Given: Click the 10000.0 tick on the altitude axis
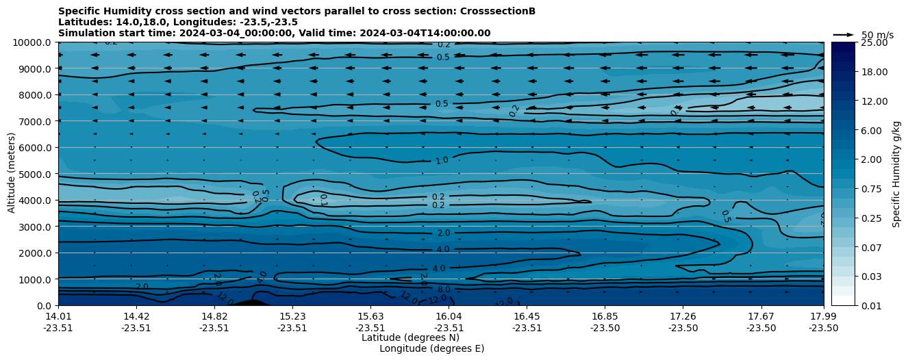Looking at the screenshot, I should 34,42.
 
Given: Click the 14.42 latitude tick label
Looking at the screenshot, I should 136,316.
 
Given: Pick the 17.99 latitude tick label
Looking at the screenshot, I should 824,316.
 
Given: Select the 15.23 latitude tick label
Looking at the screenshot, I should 292,316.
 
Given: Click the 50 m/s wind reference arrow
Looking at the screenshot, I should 844,34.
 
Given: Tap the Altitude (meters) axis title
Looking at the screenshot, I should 12,174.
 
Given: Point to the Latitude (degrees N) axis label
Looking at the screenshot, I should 410,337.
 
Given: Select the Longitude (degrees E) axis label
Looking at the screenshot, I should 431,348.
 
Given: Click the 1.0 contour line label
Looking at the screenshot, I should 442,160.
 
